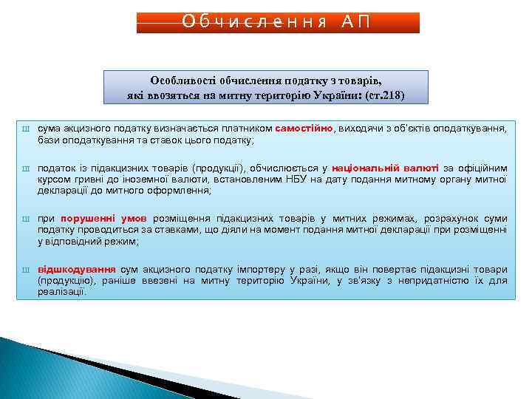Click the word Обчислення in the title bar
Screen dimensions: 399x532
(254, 21)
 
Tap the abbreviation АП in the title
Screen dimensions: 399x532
(355, 21)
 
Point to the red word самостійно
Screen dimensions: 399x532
(304, 128)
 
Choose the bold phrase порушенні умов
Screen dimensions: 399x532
(103, 219)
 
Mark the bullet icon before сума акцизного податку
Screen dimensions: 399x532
(24, 129)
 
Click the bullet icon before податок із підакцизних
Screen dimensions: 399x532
(24, 168)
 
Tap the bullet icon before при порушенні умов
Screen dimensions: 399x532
(24, 219)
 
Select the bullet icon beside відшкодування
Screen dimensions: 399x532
(24, 270)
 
